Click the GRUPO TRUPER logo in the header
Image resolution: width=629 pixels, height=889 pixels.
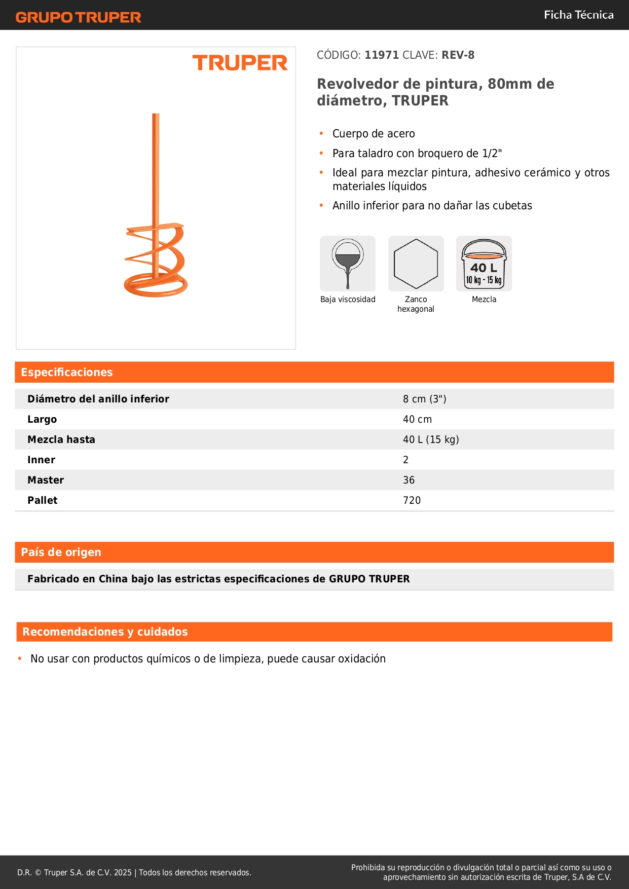point(79,17)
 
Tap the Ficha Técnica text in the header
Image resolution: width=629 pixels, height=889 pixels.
point(578,15)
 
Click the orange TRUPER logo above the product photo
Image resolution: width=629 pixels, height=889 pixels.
point(240,63)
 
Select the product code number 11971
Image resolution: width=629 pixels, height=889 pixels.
point(382,55)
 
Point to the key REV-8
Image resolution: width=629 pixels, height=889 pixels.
point(458,55)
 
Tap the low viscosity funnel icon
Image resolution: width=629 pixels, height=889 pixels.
point(348,263)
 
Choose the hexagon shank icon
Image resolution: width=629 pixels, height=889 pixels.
point(416,264)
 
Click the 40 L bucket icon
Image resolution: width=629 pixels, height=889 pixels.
point(484,264)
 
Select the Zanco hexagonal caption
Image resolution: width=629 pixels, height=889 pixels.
point(416,304)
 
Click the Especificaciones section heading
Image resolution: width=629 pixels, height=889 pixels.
point(67,373)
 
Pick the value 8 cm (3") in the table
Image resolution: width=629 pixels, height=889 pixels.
point(424,399)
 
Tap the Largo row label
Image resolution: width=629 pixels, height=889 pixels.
point(42,419)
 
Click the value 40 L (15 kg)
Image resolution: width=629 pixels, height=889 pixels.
point(431,439)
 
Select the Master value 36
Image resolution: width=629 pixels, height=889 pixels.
point(409,480)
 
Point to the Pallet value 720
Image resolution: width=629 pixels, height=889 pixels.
point(412,500)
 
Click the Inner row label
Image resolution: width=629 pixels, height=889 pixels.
point(41,460)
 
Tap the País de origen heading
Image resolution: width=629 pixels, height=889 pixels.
point(61,552)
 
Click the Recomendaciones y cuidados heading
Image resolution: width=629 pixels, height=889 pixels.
point(105,632)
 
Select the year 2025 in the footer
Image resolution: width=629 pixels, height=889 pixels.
point(123,872)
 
